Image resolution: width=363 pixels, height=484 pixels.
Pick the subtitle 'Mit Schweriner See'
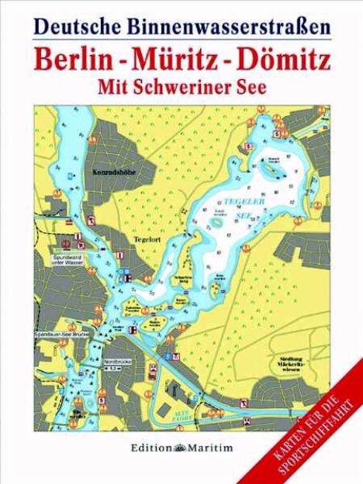184,87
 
